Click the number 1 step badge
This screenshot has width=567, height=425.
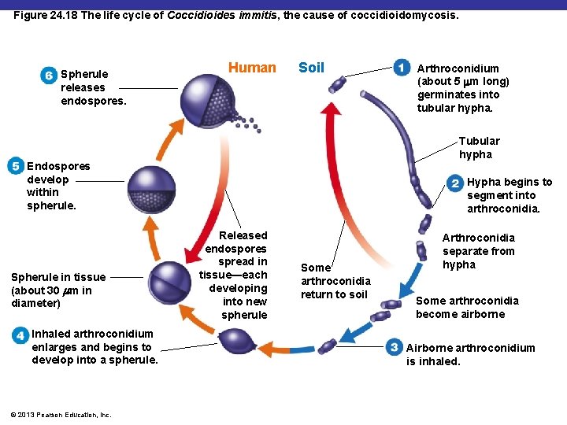coord(402,68)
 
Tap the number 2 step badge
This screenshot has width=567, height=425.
coord(455,183)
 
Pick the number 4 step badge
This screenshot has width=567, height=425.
coord(20,334)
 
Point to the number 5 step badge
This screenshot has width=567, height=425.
coord(15,166)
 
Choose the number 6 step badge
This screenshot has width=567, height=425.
coord(49,75)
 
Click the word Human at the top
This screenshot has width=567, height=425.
coord(252,68)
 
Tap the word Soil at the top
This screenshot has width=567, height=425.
coord(311,68)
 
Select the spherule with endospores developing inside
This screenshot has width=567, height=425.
coord(151,190)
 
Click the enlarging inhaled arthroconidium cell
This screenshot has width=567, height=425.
coord(235,342)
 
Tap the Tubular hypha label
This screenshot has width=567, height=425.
coord(479,147)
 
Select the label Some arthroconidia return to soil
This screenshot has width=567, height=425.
coord(335,281)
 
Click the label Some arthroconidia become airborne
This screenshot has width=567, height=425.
coord(467,307)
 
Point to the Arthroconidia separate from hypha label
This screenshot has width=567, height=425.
coord(478,251)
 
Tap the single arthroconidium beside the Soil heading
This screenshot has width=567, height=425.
coord(339,84)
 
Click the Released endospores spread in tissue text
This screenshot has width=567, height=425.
coord(235,275)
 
